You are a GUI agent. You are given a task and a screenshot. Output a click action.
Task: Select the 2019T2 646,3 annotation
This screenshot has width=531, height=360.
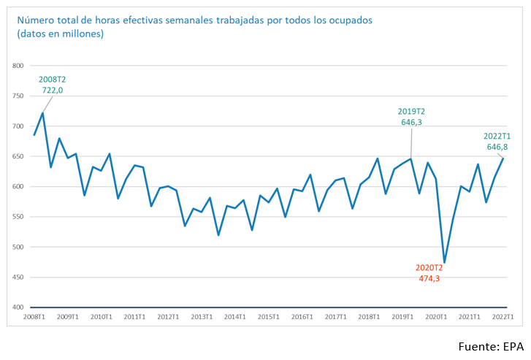(x=412, y=117)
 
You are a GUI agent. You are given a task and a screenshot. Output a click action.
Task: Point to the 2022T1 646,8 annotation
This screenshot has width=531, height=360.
(x=497, y=142)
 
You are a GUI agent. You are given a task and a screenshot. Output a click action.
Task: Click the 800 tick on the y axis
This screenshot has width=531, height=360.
(x=19, y=66)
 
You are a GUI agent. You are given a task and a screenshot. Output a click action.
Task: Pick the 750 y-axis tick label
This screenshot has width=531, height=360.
(x=19, y=96)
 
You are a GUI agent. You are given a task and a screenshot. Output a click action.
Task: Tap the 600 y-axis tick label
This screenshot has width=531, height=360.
(x=19, y=186)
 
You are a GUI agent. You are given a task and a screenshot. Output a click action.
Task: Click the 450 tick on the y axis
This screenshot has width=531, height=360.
(x=19, y=277)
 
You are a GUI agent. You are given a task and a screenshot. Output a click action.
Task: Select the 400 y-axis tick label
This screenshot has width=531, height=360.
(x=19, y=307)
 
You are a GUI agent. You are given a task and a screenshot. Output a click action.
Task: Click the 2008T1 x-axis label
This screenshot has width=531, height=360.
(x=34, y=317)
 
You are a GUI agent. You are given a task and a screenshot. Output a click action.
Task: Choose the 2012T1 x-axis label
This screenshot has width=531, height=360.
(x=168, y=317)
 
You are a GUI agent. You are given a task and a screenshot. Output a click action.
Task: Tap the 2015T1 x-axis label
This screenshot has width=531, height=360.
(x=268, y=317)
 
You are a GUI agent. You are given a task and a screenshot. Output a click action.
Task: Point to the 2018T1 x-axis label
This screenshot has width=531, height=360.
(x=369, y=317)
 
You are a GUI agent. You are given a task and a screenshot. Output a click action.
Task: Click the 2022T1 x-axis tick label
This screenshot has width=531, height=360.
(x=503, y=317)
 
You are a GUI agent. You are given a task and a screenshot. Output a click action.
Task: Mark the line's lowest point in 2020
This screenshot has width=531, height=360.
(x=444, y=263)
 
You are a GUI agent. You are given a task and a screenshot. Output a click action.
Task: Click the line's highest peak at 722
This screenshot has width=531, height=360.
(x=43, y=113)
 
